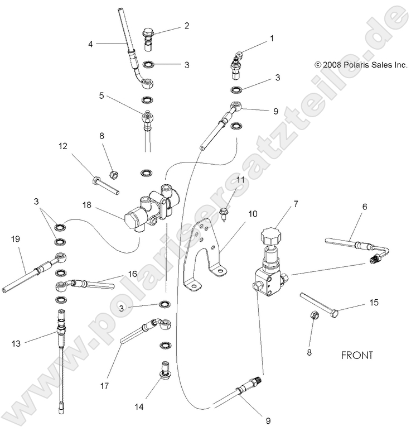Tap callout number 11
(x=241, y=180)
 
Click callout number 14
(x=139, y=408)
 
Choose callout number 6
(x=365, y=206)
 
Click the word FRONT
(x=357, y=355)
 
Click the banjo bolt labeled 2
(x=151, y=36)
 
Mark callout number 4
(x=90, y=43)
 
